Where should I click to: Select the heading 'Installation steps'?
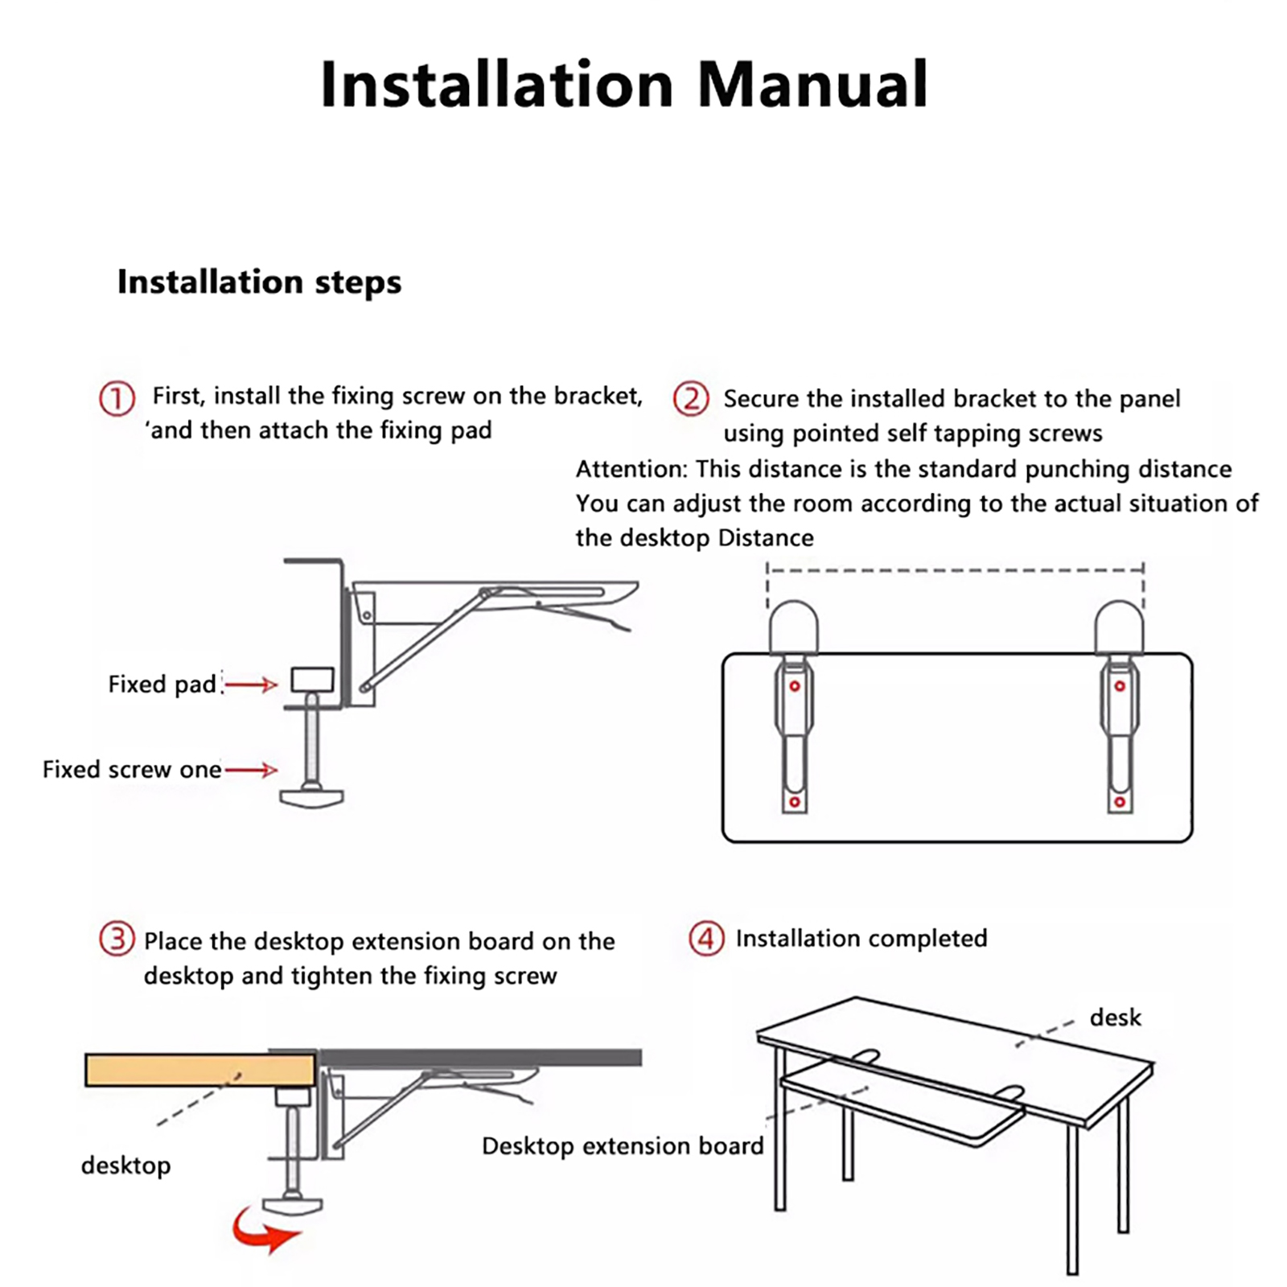[259, 282]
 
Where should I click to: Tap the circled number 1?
[117, 399]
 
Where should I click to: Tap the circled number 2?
[691, 399]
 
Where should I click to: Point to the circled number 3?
[117, 939]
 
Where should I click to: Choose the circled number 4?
[706, 939]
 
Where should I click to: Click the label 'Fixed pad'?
[162, 685]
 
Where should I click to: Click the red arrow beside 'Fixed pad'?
[251, 685]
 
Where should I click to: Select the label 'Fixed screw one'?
[132, 770]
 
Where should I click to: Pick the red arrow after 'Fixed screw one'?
[251, 771]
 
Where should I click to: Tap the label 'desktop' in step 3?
[126, 1166]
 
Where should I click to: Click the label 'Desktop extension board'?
[623, 1146]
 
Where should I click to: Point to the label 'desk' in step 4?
[1116, 1018]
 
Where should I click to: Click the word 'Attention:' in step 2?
[632, 469]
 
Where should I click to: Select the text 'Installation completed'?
[861, 939]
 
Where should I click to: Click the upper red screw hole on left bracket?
[795, 686]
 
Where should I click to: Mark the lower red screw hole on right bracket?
[1119, 802]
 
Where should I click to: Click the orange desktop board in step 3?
[200, 1071]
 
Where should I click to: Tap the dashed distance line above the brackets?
[956, 570]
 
